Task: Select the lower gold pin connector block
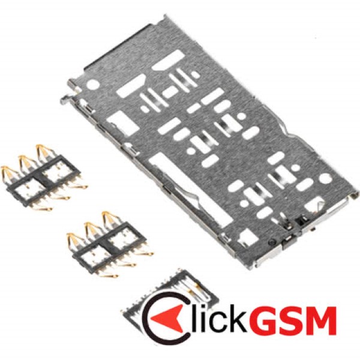(x=110, y=244)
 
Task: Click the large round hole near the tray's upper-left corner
(x=94, y=84)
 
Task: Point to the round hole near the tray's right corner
(x=326, y=178)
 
